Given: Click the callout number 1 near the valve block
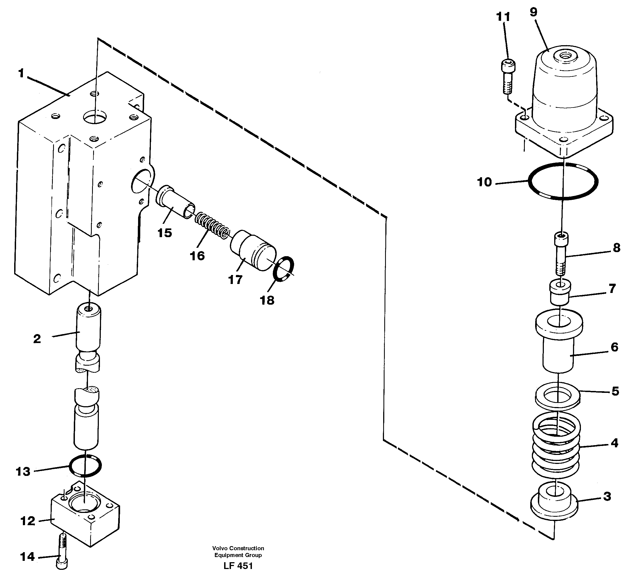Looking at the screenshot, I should pos(21,74).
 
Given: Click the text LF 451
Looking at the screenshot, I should pos(238,566).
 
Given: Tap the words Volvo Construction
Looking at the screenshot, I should pos(238,548).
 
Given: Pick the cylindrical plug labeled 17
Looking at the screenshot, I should pos(253,250).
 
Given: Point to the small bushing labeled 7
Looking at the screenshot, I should pos(560,292).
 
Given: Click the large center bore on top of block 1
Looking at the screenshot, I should pos(95,117).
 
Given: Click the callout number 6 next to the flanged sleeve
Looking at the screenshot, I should pos(614,347).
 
